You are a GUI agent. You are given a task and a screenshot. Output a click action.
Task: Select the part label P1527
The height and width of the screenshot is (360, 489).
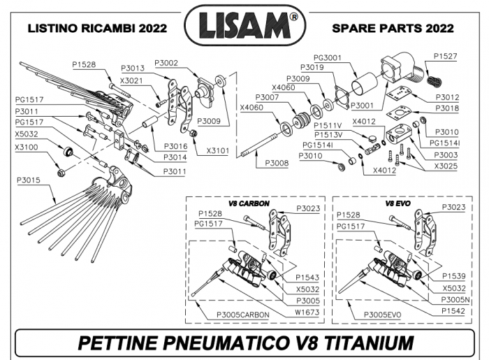[445, 56]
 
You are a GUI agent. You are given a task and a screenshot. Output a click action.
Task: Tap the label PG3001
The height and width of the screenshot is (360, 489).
[328, 57]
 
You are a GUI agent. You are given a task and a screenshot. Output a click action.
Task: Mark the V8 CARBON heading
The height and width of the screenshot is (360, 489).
[249, 203]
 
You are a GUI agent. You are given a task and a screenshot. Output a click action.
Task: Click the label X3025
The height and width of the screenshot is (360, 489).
[445, 166]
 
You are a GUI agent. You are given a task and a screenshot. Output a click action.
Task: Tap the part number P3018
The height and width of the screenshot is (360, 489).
[447, 108]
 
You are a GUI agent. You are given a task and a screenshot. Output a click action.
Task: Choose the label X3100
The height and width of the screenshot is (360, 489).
[27, 147]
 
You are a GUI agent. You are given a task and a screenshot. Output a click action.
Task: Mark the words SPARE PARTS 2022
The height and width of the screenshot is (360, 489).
[393, 29]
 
